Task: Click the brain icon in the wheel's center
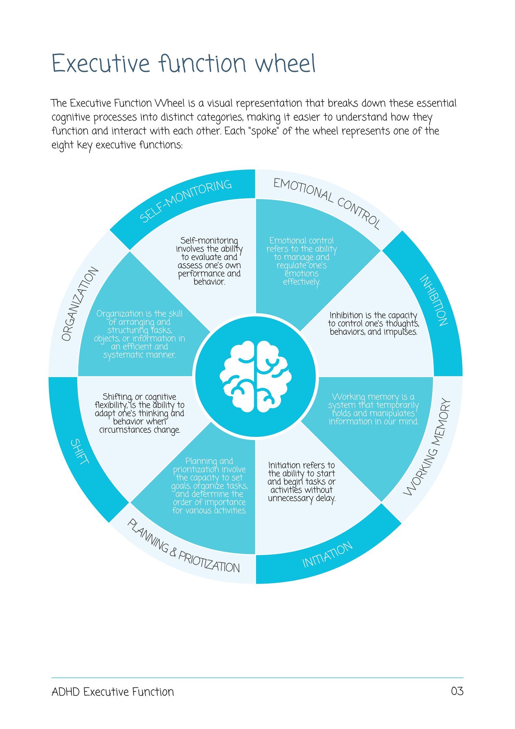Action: click(x=255, y=376)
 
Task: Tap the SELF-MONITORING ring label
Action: click(x=185, y=201)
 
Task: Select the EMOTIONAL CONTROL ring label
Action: click(x=327, y=203)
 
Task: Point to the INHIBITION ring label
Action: click(x=434, y=300)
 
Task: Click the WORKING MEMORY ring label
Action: click(x=427, y=447)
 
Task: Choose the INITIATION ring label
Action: click(x=327, y=554)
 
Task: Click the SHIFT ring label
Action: click(x=80, y=451)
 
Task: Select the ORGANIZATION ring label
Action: click(x=80, y=304)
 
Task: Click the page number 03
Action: click(x=457, y=691)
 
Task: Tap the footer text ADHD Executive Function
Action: click(x=113, y=692)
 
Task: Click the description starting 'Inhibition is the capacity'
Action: click(x=374, y=323)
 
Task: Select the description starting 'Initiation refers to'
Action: click(x=301, y=482)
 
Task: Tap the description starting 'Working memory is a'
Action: click(x=374, y=409)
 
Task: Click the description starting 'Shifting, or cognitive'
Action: click(x=139, y=413)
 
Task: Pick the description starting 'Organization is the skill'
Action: click(x=139, y=334)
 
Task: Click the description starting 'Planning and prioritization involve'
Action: click(x=209, y=486)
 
